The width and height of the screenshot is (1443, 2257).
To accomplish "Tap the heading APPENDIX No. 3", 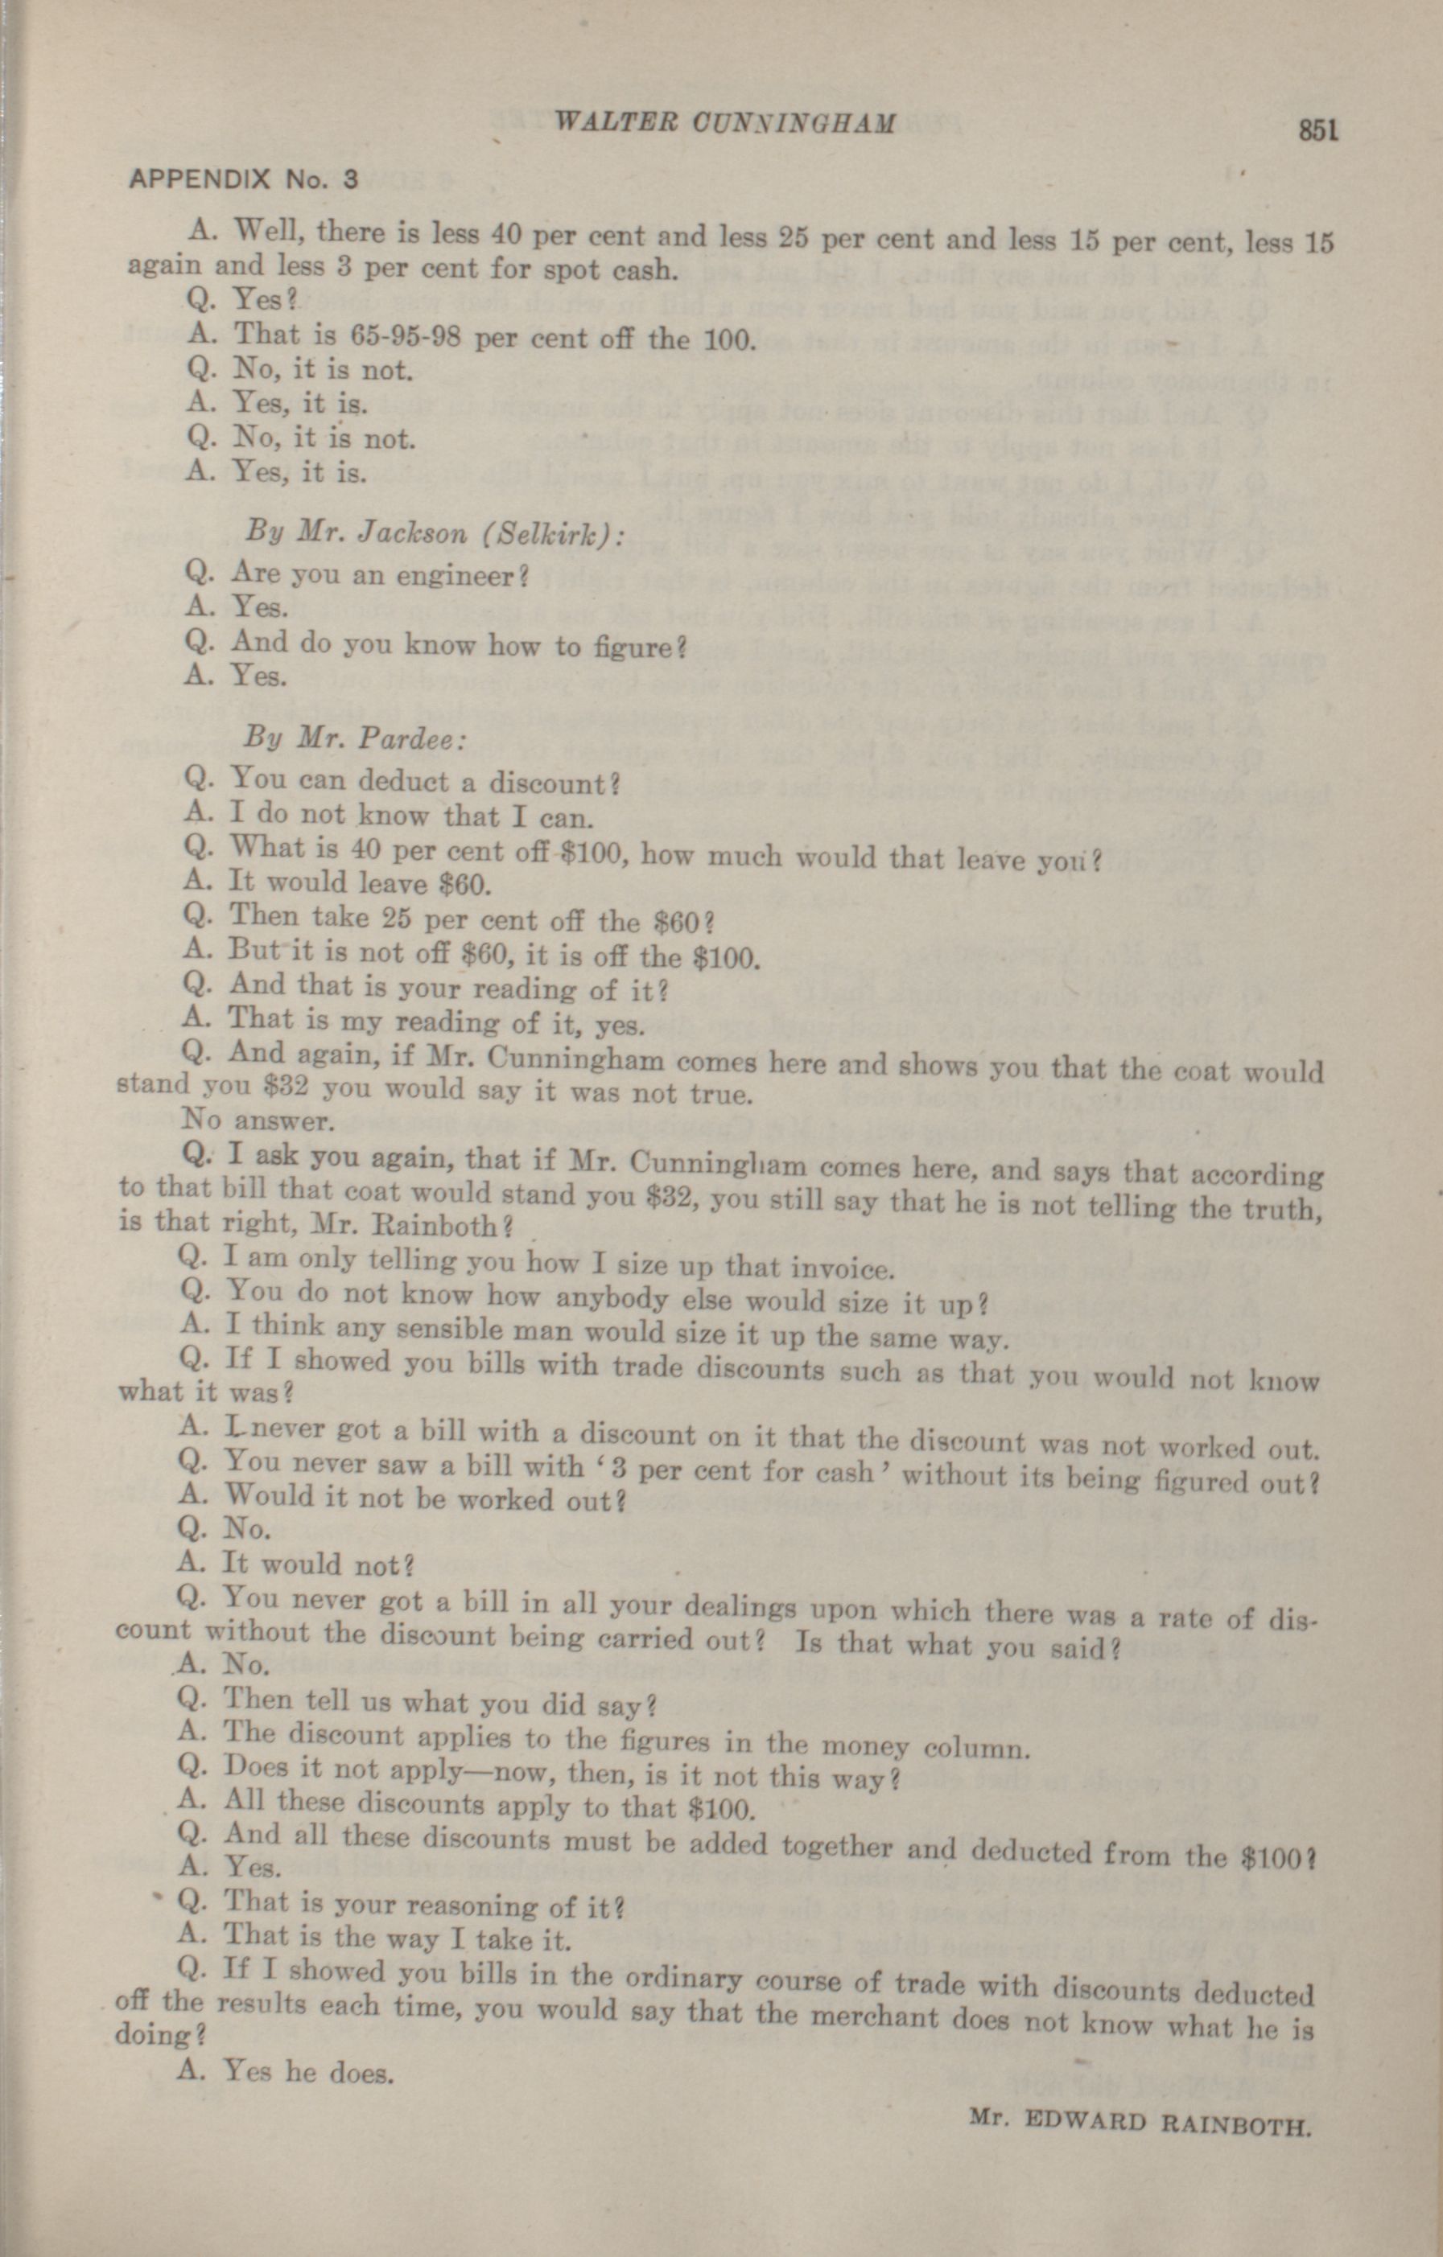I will pyautogui.click(x=243, y=179).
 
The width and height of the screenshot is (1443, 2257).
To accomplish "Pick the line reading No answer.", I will pyautogui.click(x=256, y=1120).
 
